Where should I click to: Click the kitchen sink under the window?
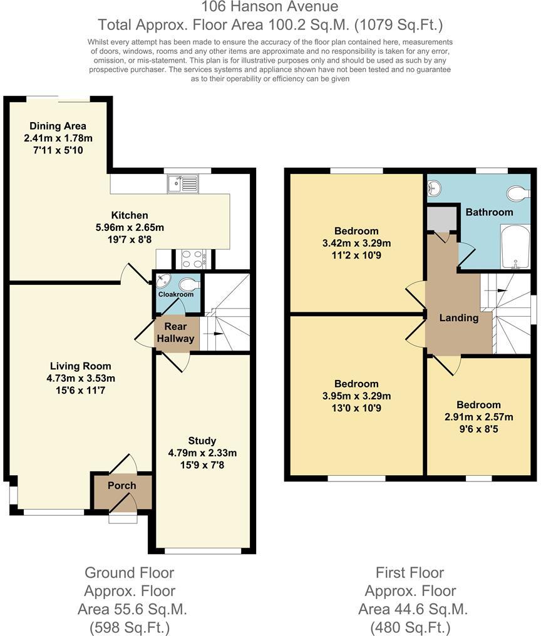(182, 183)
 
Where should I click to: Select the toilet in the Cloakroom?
(189, 285)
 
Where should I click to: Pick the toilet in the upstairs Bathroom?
(518, 193)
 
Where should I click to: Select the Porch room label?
(121, 486)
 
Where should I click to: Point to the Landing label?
(458, 317)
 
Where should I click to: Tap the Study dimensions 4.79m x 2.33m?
(202, 453)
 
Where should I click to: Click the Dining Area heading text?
(58, 126)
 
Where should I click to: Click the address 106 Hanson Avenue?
(270, 8)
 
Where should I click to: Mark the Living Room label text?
(81, 366)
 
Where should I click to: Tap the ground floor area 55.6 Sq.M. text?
(132, 608)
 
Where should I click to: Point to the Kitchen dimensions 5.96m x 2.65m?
(130, 227)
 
